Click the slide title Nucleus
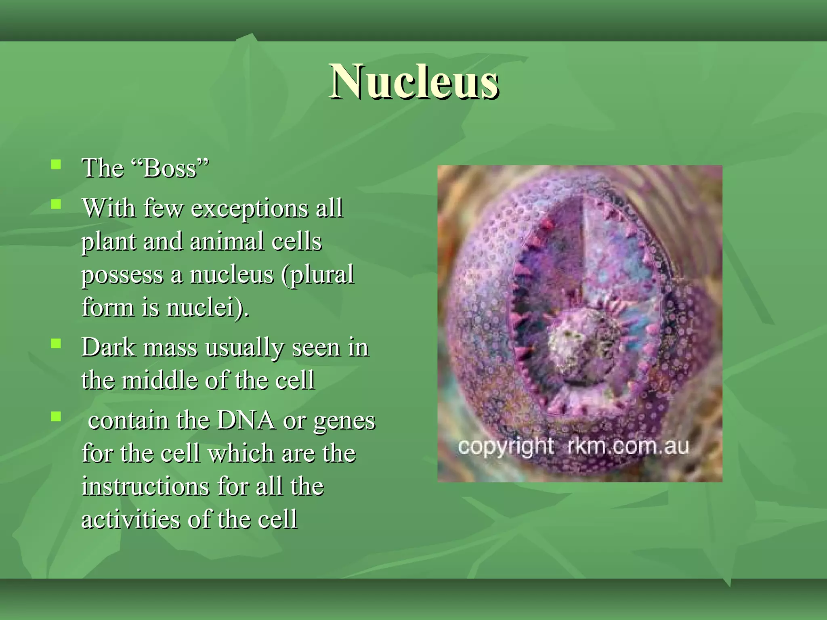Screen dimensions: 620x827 (413, 82)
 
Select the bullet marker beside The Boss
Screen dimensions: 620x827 (56, 164)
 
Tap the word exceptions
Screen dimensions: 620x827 (249, 209)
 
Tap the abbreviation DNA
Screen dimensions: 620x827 (246, 421)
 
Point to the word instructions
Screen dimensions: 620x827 (145, 486)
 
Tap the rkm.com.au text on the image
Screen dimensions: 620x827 (628, 446)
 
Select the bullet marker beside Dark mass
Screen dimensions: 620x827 (56, 344)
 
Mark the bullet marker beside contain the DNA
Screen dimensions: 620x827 (56, 416)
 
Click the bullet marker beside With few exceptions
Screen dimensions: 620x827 (56, 204)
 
